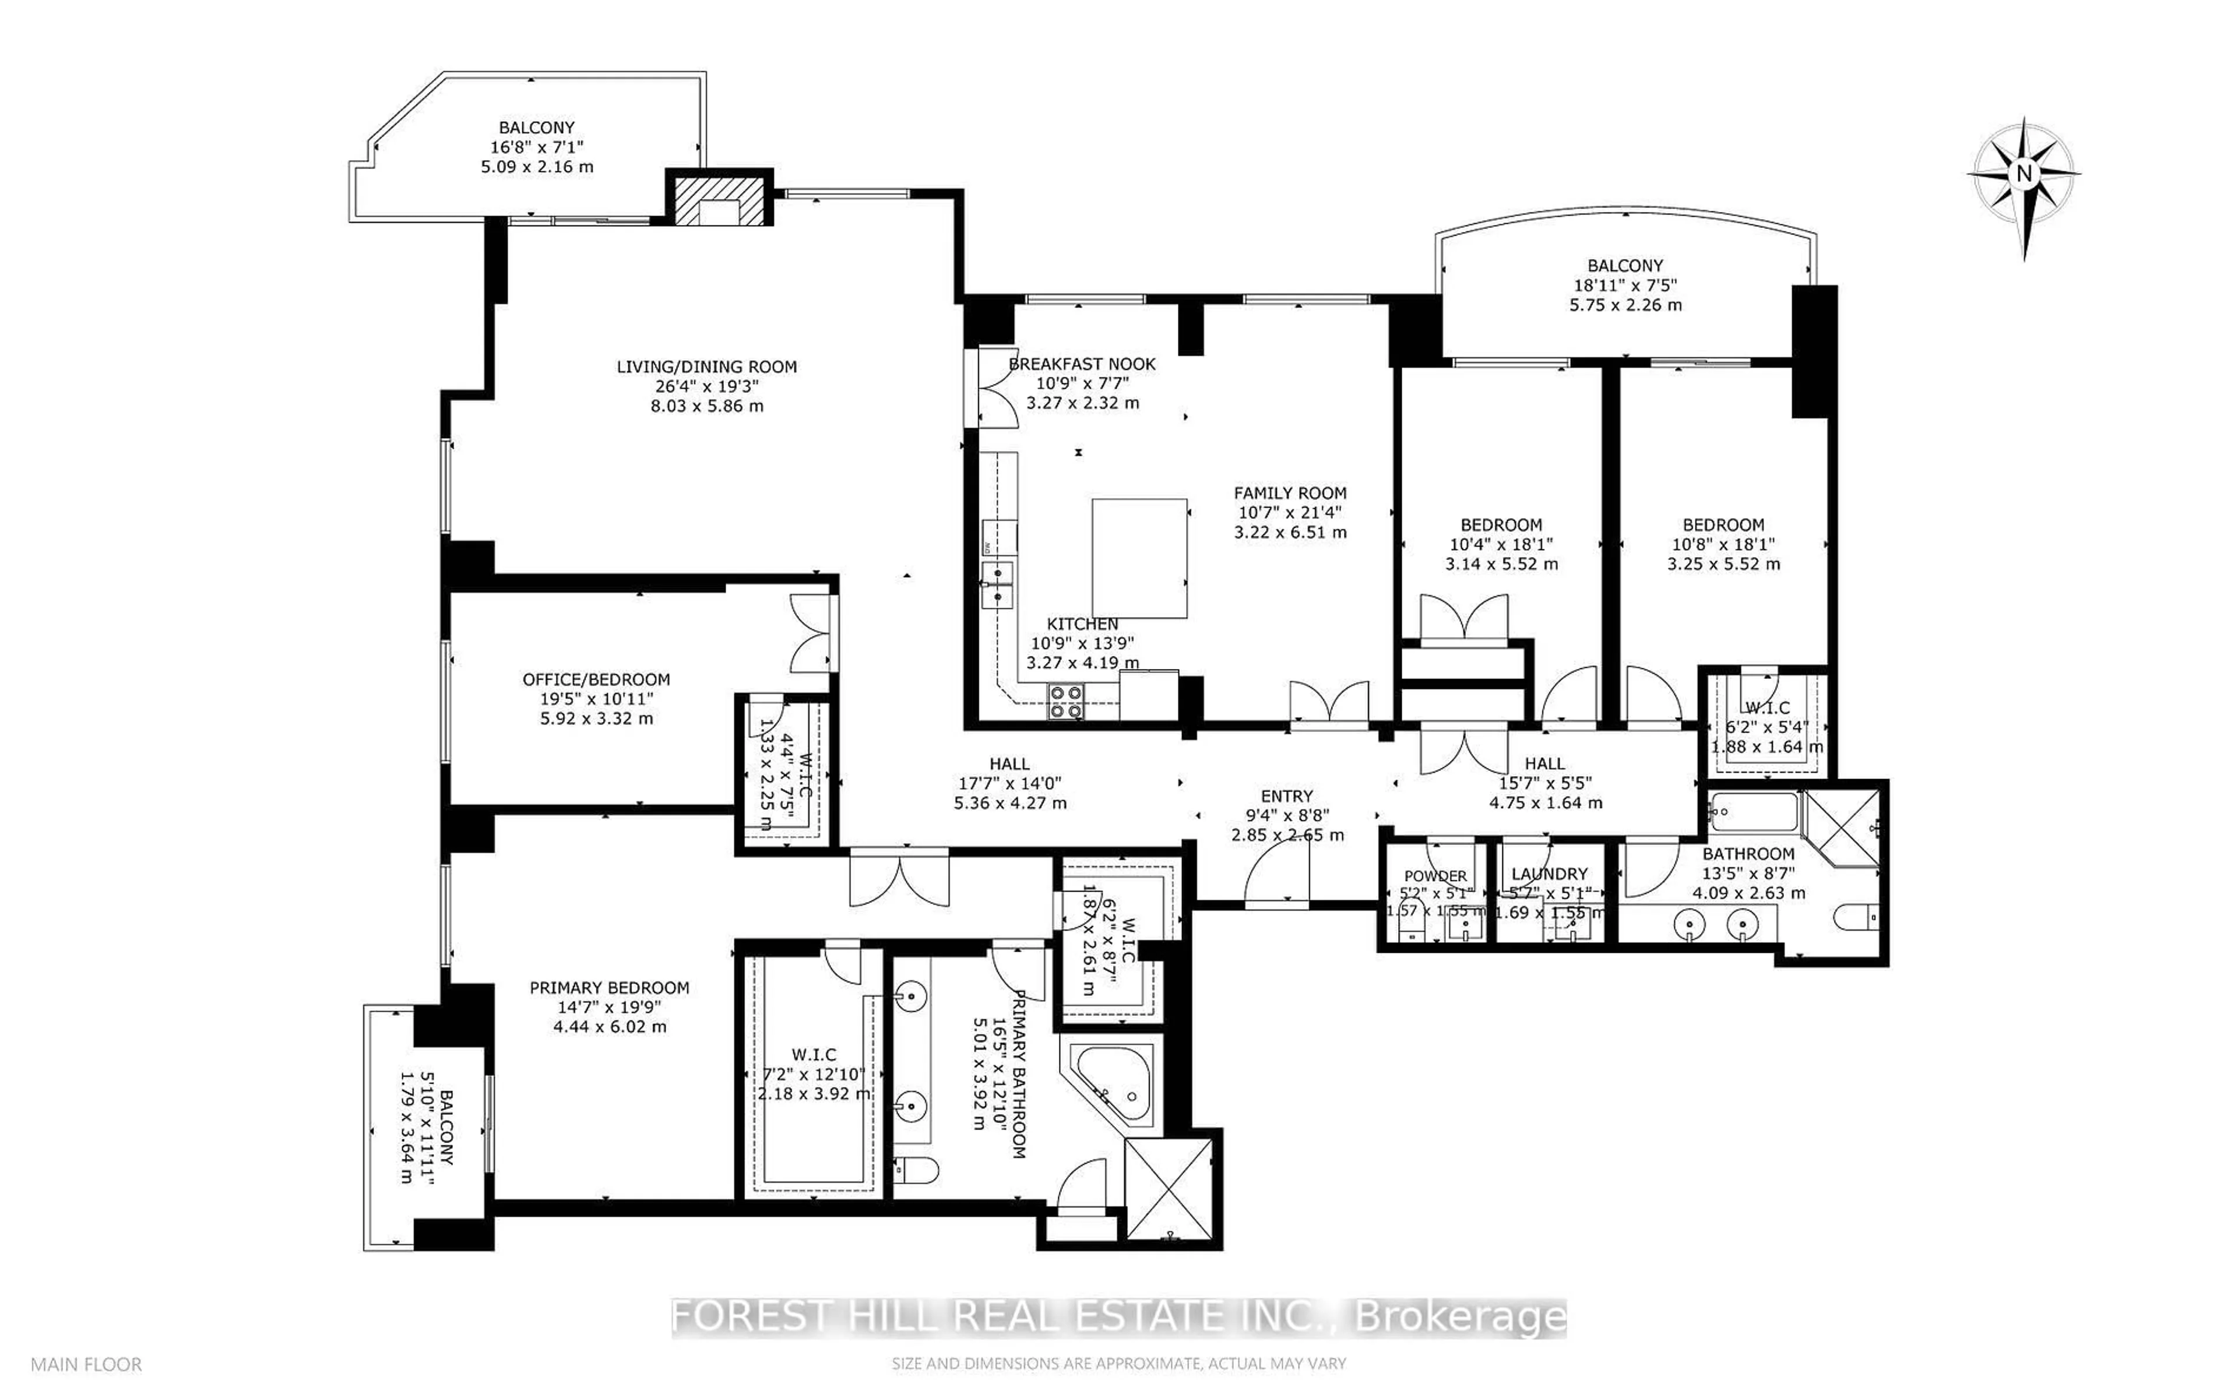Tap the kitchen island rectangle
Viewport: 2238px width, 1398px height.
click(1139, 558)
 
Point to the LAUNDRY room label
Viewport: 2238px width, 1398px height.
click(1549, 874)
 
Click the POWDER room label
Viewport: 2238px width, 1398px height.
click(1435, 876)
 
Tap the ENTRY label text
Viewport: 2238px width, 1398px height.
click(1286, 796)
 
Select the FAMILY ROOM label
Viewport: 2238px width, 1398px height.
click(1290, 493)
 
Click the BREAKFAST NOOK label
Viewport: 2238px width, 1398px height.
click(1082, 364)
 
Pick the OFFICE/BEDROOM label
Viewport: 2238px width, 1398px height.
click(596, 679)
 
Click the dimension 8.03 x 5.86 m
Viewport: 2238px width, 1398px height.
click(706, 406)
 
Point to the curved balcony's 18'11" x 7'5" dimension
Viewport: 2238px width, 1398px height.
click(1625, 286)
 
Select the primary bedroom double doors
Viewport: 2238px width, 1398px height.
click(899, 879)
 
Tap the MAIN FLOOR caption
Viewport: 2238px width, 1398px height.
click(86, 1364)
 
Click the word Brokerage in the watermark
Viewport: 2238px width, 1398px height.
click(1461, 1316)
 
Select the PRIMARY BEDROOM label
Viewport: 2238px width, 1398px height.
click(609, 988)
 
